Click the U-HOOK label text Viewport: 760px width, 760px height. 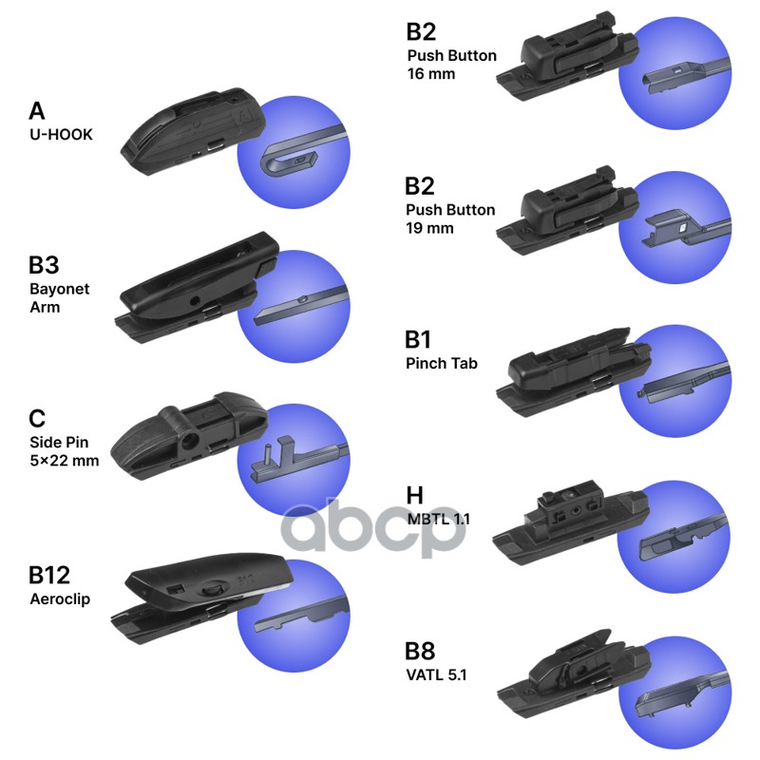(x=61, y=135)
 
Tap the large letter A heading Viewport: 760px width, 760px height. (x=37, y=111)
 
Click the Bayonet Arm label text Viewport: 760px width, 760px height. (x=59, y=297)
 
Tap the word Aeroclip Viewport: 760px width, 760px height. (x=59, y=599)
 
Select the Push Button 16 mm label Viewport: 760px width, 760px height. (x=451, y=65)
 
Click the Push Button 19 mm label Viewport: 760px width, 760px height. (x=450, y=218)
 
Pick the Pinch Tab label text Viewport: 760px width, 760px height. (x=441, y=363)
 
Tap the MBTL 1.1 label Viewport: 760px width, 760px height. (x=438, y=520)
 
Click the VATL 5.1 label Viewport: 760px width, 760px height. (x=436, y=675)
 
